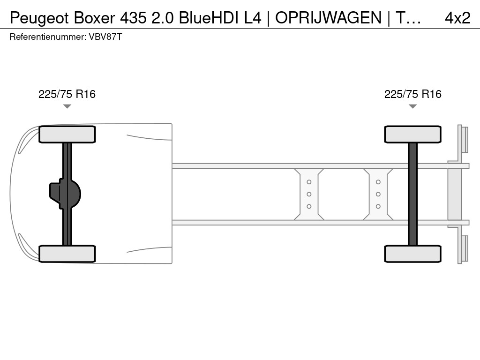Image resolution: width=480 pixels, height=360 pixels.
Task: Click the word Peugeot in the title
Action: point(39,18)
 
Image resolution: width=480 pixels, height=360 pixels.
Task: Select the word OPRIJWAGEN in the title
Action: point(329,18)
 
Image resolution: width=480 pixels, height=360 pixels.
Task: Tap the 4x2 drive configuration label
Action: point(457,18)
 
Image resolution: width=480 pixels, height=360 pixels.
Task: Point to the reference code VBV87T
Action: point(105,37)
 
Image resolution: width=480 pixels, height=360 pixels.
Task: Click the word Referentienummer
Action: point(48,37)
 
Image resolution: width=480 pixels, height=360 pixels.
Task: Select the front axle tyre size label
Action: point(67,94)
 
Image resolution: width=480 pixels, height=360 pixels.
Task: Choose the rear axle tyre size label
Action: point(413,94)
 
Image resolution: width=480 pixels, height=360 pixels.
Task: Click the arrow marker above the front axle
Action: point(67,106)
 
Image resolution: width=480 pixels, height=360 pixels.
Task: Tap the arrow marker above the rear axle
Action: point(412,106)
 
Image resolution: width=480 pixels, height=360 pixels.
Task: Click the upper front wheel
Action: point(67,135)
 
